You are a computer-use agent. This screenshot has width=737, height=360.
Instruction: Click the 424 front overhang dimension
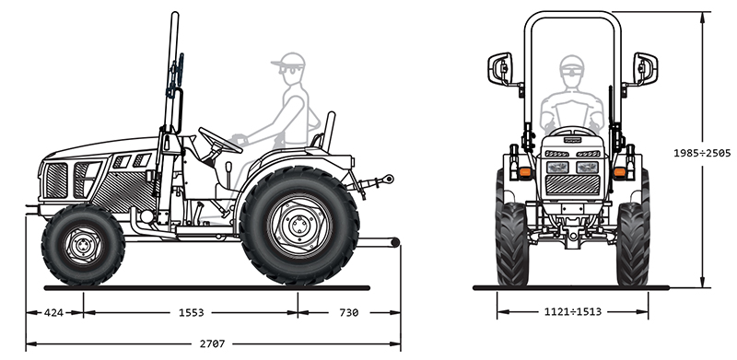[53, 312]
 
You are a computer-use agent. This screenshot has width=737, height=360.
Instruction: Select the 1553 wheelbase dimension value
[192, 312]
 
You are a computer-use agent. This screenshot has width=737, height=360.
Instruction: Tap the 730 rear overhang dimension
[349, 312]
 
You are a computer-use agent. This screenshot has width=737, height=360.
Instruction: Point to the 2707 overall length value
[213, 344]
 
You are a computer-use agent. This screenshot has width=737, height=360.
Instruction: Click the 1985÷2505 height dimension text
[702, 153]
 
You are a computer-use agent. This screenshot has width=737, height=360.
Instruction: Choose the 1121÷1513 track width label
[572, 311]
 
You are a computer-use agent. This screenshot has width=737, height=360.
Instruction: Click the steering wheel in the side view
[220, 140]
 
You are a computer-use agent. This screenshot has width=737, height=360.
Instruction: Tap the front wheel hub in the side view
[83, 245]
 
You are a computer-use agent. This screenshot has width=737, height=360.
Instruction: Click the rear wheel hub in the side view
[298, 226]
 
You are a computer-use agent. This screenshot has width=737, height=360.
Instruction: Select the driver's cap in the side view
[289, 60]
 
